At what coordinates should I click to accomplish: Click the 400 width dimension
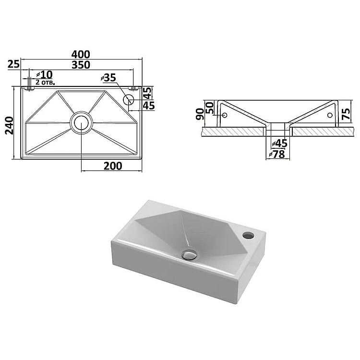tap(81, 54)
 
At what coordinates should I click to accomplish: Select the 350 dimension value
tap(81, 65)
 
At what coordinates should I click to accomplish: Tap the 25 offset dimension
tap(13, 64)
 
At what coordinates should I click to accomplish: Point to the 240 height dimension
tap(10, 126)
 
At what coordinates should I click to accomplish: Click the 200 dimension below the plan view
tap(113, 166)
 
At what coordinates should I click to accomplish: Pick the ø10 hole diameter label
tap(45, 74)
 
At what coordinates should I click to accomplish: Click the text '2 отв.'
tap(45, 82)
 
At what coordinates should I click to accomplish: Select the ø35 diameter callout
tap(108, 78)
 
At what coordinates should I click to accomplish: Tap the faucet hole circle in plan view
tap(128, 99)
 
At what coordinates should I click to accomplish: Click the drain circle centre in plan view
tap(81, 122)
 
